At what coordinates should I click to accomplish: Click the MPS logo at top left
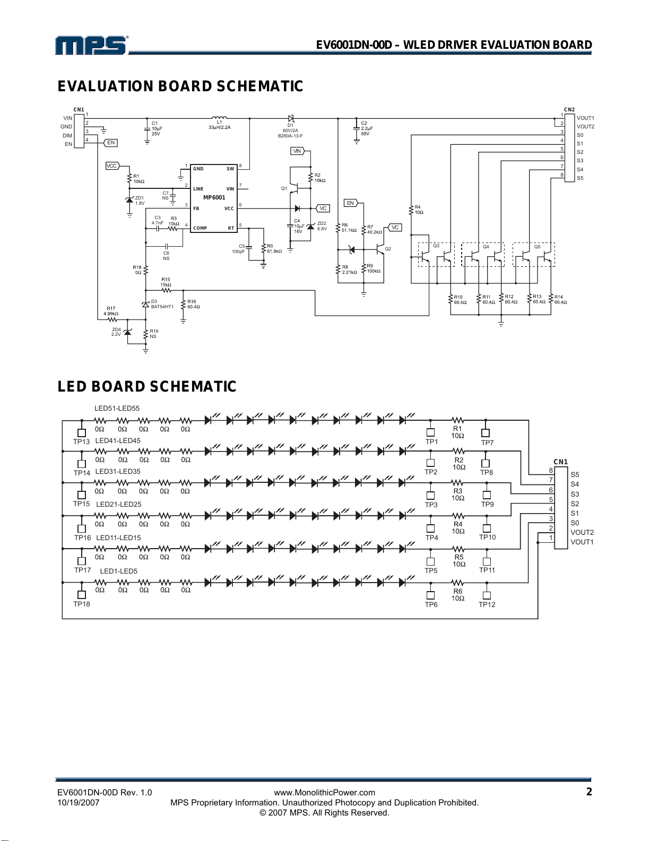point(91,45)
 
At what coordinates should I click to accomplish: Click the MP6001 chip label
point(214,197)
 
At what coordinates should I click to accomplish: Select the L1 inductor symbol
point(219,117)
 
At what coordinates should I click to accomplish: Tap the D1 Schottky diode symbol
point(291,118)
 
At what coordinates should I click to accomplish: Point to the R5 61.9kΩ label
point(274,248)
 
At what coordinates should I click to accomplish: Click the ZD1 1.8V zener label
point(140,201)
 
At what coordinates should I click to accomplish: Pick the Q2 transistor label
point(388,249)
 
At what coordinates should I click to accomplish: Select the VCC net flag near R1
point(112,166)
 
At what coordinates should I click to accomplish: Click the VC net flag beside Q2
point(395,228)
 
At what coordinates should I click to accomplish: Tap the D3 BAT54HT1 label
point(162,304)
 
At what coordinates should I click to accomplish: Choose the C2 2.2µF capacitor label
point(367,128)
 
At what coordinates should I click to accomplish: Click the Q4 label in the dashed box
point(486,247)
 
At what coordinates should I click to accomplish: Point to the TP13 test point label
point(81,441)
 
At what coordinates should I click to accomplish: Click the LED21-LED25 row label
point(118,504)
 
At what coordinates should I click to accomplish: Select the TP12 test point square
point(487,596)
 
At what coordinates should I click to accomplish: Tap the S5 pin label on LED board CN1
point(575,474)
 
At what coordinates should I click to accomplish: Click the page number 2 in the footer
point(589,792)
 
